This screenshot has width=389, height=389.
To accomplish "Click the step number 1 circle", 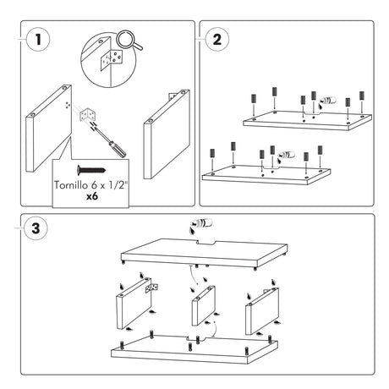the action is (38, 39).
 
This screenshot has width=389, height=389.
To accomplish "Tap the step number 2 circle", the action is (216, 39).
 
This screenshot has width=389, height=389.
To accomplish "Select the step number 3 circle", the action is (36, 228).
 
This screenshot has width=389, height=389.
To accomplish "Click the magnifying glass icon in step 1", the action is (129, 41).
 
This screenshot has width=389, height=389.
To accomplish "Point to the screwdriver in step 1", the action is (110, 141).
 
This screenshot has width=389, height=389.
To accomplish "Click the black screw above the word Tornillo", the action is (91, 170).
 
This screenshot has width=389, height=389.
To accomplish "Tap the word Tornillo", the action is (71, 185).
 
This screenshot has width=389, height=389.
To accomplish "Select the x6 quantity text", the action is (92, 196).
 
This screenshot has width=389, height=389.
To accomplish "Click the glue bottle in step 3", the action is (201, 224).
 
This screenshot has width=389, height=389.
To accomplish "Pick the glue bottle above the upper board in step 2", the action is (327, 101).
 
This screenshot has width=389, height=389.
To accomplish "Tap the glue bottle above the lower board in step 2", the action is (286, 156).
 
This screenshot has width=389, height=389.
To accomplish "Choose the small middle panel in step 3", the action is (204, 305).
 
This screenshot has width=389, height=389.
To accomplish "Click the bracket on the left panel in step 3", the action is (151, 288).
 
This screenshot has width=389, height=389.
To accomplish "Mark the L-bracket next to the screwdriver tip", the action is (88, 115).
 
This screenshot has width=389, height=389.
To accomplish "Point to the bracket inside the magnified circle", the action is (112, 59).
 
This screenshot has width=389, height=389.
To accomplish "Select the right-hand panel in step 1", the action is (167, 134).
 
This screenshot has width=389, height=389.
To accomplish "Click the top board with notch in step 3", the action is (204, 253).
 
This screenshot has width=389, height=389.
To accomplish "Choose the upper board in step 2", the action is (307, 121).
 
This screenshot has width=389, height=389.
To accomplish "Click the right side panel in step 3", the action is (262, 311).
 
